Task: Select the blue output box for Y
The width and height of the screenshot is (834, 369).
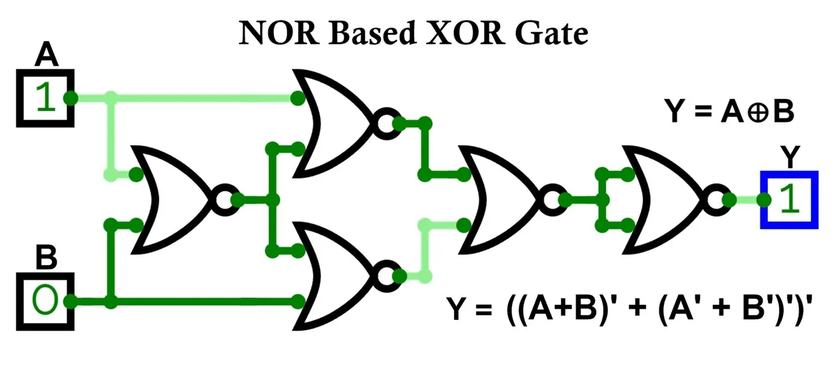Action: tap(789, 200)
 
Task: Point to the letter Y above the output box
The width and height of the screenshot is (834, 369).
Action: tap(790, 157)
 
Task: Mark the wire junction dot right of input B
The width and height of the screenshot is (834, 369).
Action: tap(111, 301)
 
